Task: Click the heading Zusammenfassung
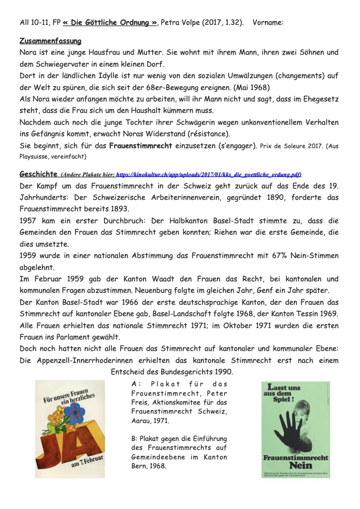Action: click(x=50, y=40)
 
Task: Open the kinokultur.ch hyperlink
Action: click(x=208, y=175)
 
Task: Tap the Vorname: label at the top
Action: click(x=268, y=22)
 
